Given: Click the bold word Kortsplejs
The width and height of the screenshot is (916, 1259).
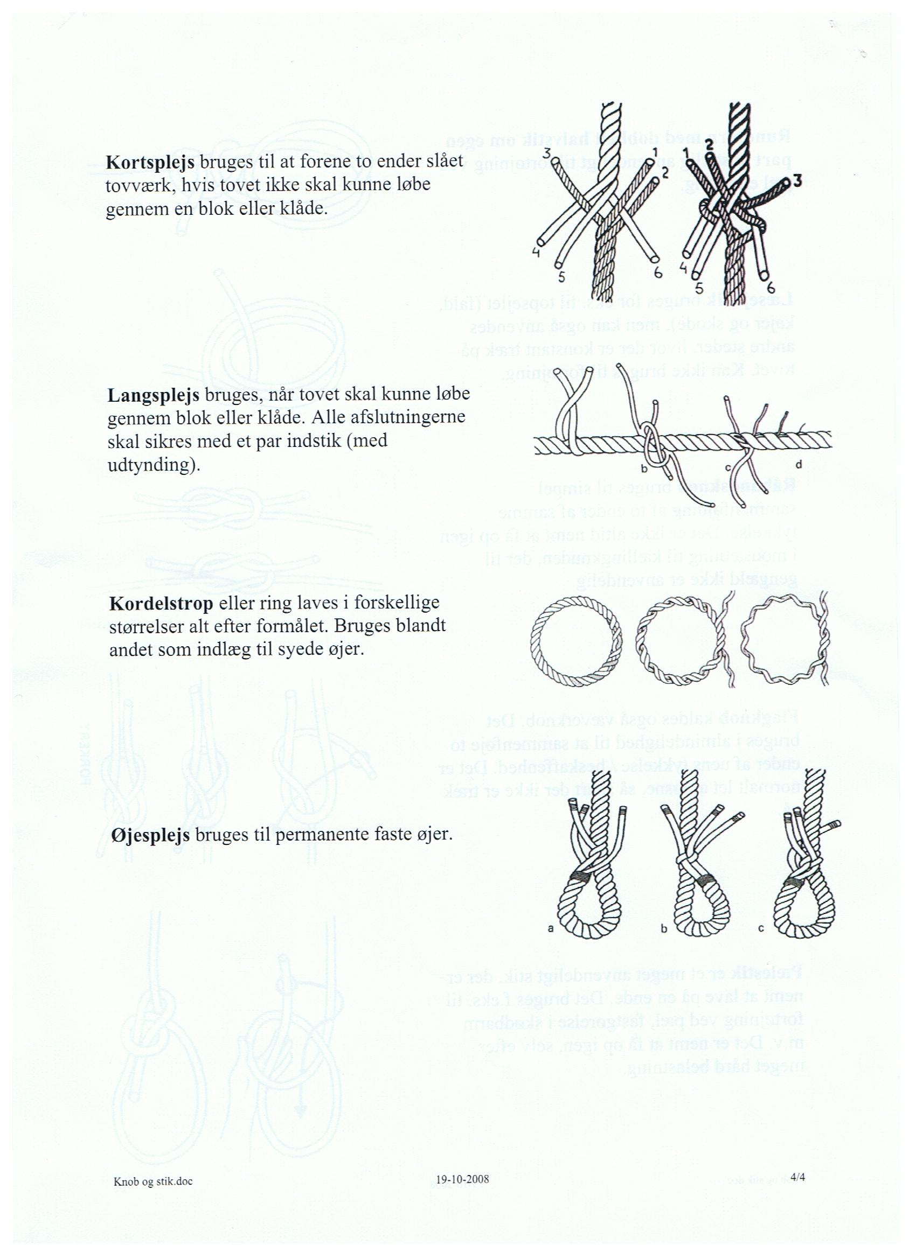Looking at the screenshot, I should [x=149, y=162].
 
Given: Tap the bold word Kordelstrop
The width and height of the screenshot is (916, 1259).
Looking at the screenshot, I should [x=161, y=604].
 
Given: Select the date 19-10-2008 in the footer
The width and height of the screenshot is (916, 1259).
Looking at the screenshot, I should [x=462, y=1194].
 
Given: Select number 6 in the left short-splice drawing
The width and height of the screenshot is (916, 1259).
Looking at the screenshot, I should [x=658, y=272].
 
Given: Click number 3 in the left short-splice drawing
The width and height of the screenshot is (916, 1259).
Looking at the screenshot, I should [x=546, y=152].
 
